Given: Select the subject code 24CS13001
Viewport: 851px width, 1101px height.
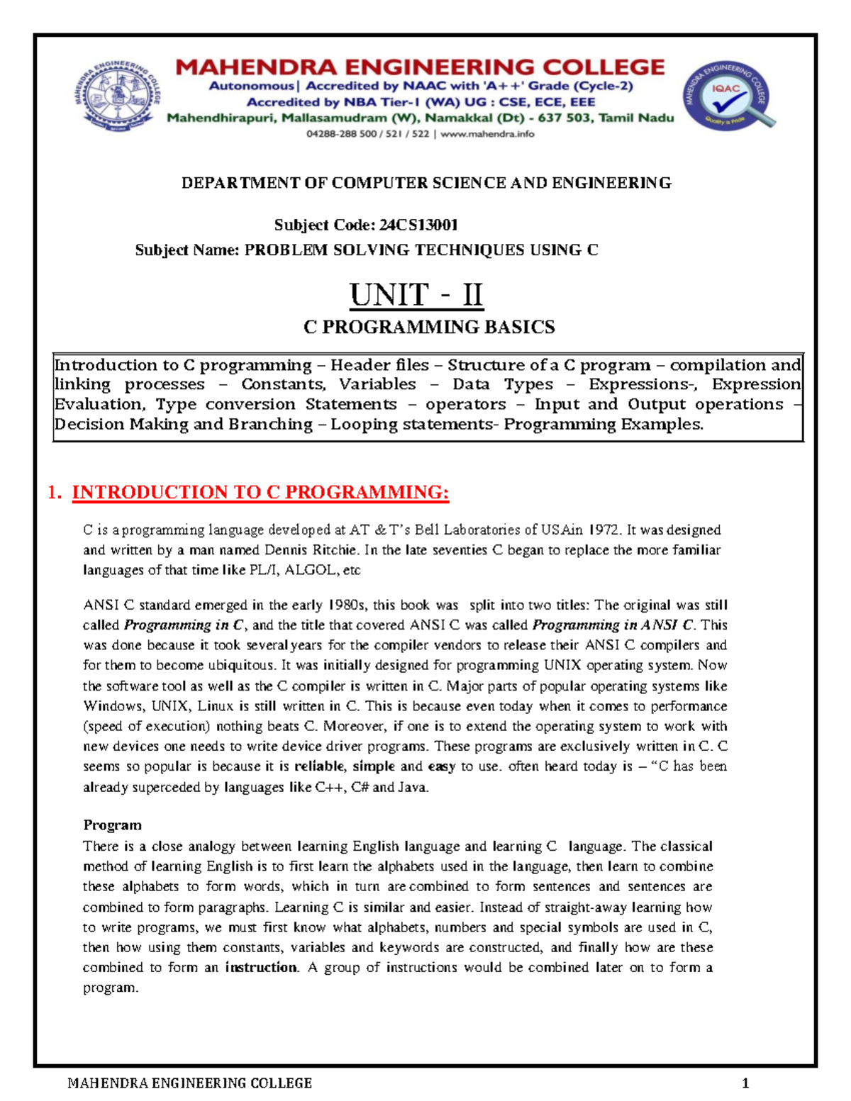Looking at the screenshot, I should pos(418,225).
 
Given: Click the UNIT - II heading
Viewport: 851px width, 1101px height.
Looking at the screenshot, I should pos(416,295).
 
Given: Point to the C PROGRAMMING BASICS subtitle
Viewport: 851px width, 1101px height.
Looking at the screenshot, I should pos(429,328).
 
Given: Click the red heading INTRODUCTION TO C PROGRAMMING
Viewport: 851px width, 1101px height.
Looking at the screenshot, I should pos(260,493).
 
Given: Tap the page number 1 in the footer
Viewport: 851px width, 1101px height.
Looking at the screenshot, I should pos(745,1083).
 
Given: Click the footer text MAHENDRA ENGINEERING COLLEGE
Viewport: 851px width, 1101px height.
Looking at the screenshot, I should pos(189,1083).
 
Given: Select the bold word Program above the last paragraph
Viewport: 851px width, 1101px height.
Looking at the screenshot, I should pos(112,825).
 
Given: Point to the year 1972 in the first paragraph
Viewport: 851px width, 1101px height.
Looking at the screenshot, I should pos(605,530).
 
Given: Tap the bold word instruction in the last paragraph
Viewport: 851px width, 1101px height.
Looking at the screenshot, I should pos(262,968).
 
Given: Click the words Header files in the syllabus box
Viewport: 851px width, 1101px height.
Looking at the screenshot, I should pos(379,366).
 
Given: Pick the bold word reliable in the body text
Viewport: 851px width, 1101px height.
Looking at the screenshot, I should pos(320,766).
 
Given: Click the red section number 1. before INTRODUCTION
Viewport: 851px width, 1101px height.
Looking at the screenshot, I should pos(55,493).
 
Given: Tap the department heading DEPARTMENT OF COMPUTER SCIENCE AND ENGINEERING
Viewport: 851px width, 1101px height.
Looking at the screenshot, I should pos(426,184).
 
